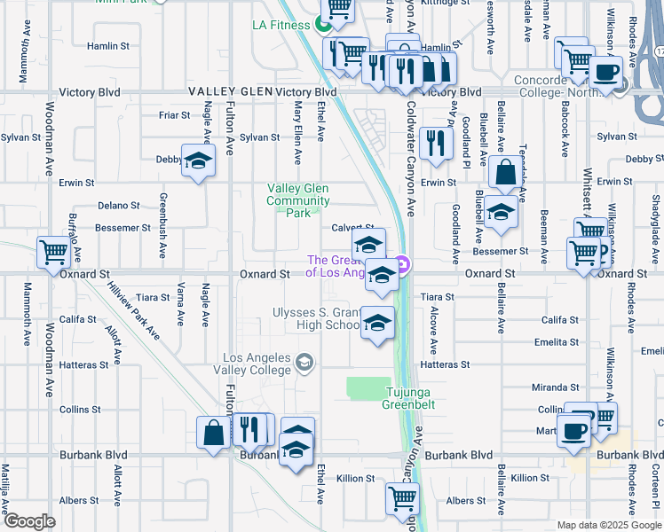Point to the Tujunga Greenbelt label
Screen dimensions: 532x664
[x=411, y=398]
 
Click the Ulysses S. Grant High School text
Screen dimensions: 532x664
[x=317, y=318]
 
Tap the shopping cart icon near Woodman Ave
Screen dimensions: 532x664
[x=53, y=253]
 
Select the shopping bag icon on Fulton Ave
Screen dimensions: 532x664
[x=215, y=434]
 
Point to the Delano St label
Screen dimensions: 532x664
[x=119, y=205]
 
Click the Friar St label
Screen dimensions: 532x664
[x=174, y=115]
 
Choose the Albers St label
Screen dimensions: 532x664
[x=466, y=501]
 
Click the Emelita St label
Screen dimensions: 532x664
[x=557, y=342]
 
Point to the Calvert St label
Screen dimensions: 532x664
[x=352, y=228]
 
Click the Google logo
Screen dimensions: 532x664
[x=29, y=521]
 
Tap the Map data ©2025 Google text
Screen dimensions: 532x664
[x=608, y=525]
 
